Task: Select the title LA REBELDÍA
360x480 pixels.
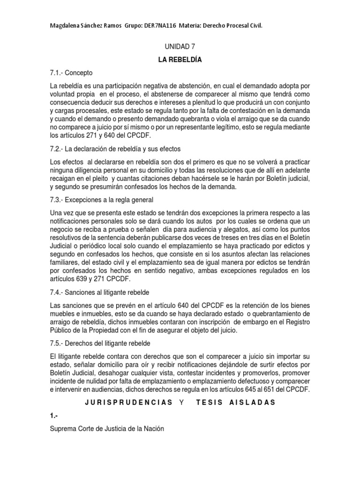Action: pos(179,60)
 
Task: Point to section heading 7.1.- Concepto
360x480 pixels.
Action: pos(71,73)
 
